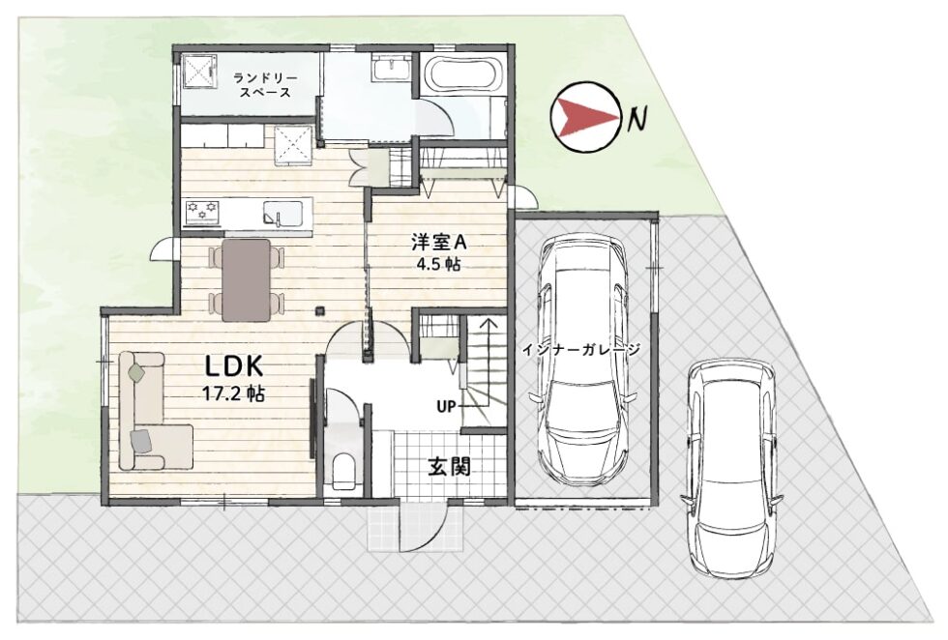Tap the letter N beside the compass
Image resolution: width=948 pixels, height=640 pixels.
point(637,119)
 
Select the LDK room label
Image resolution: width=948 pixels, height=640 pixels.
point(233,366)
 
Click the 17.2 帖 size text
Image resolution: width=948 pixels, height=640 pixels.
point(233,394)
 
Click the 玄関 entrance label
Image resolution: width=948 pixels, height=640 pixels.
point(449,466)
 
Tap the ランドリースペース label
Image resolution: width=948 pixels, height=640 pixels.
point(265,85)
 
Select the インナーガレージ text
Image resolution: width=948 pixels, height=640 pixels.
point(580,349)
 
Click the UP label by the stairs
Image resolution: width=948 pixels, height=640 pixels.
point(446,407)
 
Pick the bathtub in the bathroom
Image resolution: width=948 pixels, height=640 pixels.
point(462,77)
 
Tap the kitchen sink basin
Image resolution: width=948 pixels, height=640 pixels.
point(281,214)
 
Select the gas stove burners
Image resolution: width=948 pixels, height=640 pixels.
point(202,212)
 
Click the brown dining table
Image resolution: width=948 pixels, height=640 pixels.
point(246,279)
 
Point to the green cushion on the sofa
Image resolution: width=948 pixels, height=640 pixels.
point(137,372)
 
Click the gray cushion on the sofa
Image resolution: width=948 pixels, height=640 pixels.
point(140,441)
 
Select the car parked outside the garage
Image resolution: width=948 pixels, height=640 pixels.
point(731,468)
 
